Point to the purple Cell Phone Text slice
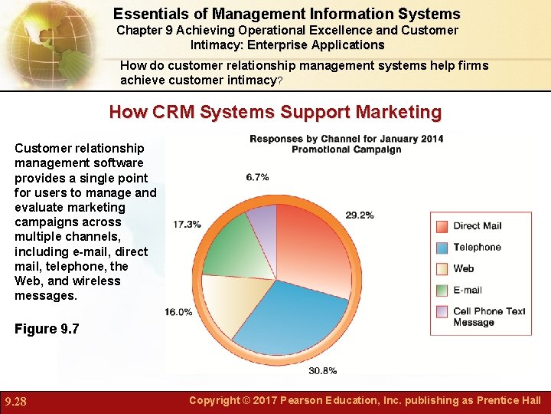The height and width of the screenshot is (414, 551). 262,219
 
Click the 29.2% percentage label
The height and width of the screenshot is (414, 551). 360,215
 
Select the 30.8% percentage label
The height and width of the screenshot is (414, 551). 322,371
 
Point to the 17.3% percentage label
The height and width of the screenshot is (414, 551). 187,225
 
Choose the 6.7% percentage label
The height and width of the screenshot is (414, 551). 257,177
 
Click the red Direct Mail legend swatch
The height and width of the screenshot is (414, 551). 442,226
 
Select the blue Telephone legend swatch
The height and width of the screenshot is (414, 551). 442,248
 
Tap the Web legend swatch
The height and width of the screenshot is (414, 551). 442,269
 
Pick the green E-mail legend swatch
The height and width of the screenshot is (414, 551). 442,291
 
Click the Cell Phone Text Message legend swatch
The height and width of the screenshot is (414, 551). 442,312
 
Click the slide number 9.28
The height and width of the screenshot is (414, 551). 17,401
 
